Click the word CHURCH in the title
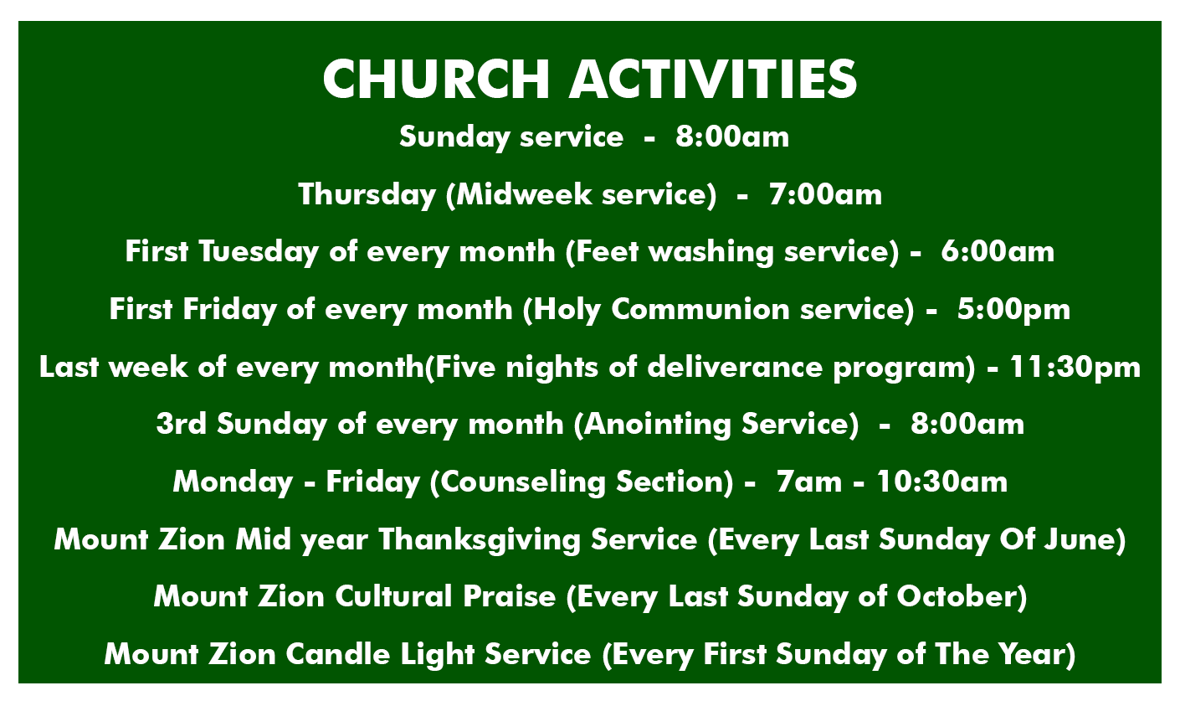437,79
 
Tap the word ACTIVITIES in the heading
713,79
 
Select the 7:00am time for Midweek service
825,194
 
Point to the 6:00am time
998,251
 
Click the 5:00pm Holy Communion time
1013,309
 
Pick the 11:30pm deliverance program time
1075,368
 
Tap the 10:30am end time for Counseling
941,482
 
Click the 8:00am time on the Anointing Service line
967,425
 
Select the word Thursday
367,195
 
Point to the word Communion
700,309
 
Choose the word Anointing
658,425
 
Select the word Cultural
393,597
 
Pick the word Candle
337,655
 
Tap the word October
957,597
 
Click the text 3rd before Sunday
182,425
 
